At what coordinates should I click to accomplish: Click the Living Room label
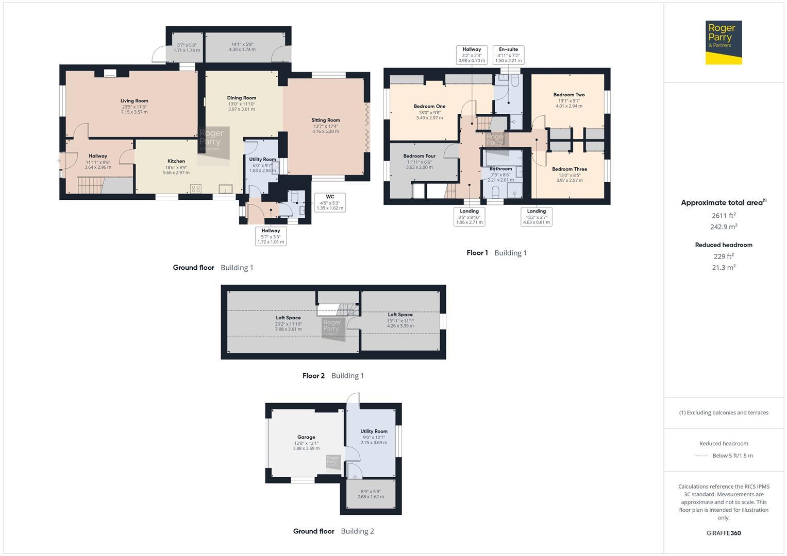click(x=134, y=101)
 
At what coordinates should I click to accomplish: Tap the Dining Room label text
click(x=241, y=98)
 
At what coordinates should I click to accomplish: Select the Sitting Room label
click(x=326, y=120)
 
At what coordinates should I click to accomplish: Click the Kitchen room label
click(x=176, y=161)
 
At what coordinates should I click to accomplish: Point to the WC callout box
click(x=330, y=202)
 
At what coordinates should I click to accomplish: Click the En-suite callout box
click(x=508, y=55)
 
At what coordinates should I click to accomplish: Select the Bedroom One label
click(x=429, y=107)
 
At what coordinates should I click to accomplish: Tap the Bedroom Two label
click(x=569, y=95)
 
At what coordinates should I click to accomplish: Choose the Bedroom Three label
click(x=569, y=169)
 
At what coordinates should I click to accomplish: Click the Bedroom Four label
click(x=419, y=156)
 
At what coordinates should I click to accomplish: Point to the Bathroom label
click(x=500, y=169)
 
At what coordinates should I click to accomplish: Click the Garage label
click(x=306, y=437)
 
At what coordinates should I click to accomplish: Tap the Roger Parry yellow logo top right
click(x=723, y=42)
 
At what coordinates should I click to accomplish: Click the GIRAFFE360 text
click(x=723, y=533)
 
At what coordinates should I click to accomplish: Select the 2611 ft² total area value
click(x=723, y=216)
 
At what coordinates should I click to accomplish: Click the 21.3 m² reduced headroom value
click(x=723, y=267)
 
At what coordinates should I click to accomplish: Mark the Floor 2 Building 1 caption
click(x=333, y=376)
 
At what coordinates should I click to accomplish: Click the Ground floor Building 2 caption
click(x=333, y=531)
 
